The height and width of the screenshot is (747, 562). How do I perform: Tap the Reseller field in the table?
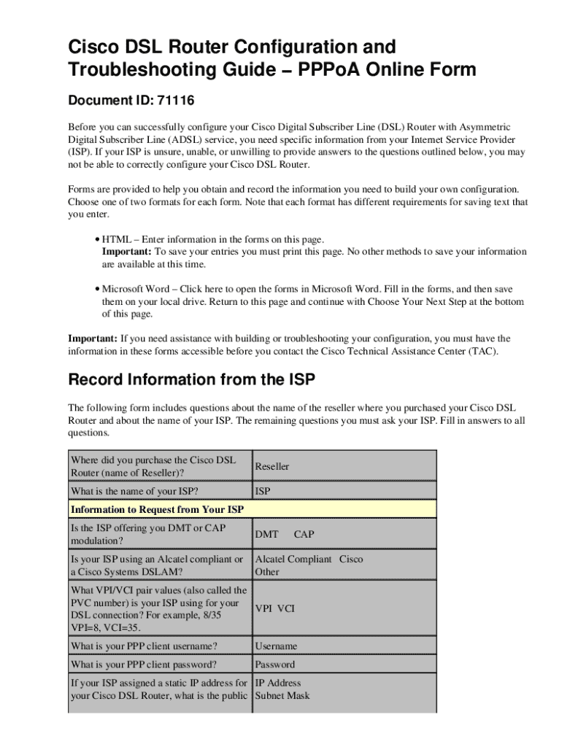click(272, 466)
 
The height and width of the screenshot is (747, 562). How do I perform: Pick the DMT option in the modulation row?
click(266, 535)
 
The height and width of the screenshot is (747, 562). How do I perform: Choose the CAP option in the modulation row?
click(304, 535)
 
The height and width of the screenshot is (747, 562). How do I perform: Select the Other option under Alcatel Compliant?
click(267, 572)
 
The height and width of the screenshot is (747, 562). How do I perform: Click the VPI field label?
click(263, 608)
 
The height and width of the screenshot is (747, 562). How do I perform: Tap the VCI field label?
click(286, 608)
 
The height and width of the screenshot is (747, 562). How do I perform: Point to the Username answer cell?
click(276, 646)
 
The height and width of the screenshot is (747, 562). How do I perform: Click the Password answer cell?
click(275, 665)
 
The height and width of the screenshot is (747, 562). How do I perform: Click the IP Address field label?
click(278, 684)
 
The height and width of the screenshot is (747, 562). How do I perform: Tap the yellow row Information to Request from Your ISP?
click(157, 509)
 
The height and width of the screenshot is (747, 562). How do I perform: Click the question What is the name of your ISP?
click(134, 491)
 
